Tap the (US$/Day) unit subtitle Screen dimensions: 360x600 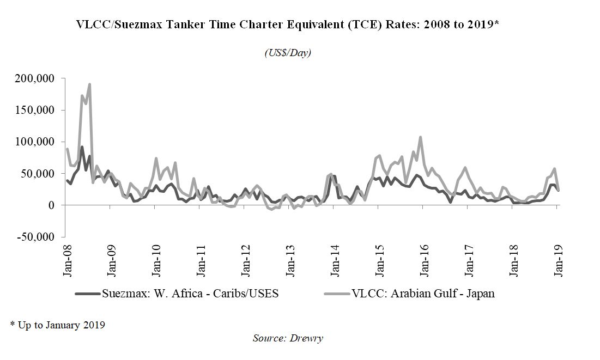[x=288, y=53]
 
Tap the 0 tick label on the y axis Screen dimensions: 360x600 [x=51, y=205]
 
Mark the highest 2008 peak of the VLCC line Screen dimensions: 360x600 [x=89, y=84]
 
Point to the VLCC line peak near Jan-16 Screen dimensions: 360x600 [x=420, y=137]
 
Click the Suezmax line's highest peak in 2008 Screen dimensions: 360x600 [x=82, y=147]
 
